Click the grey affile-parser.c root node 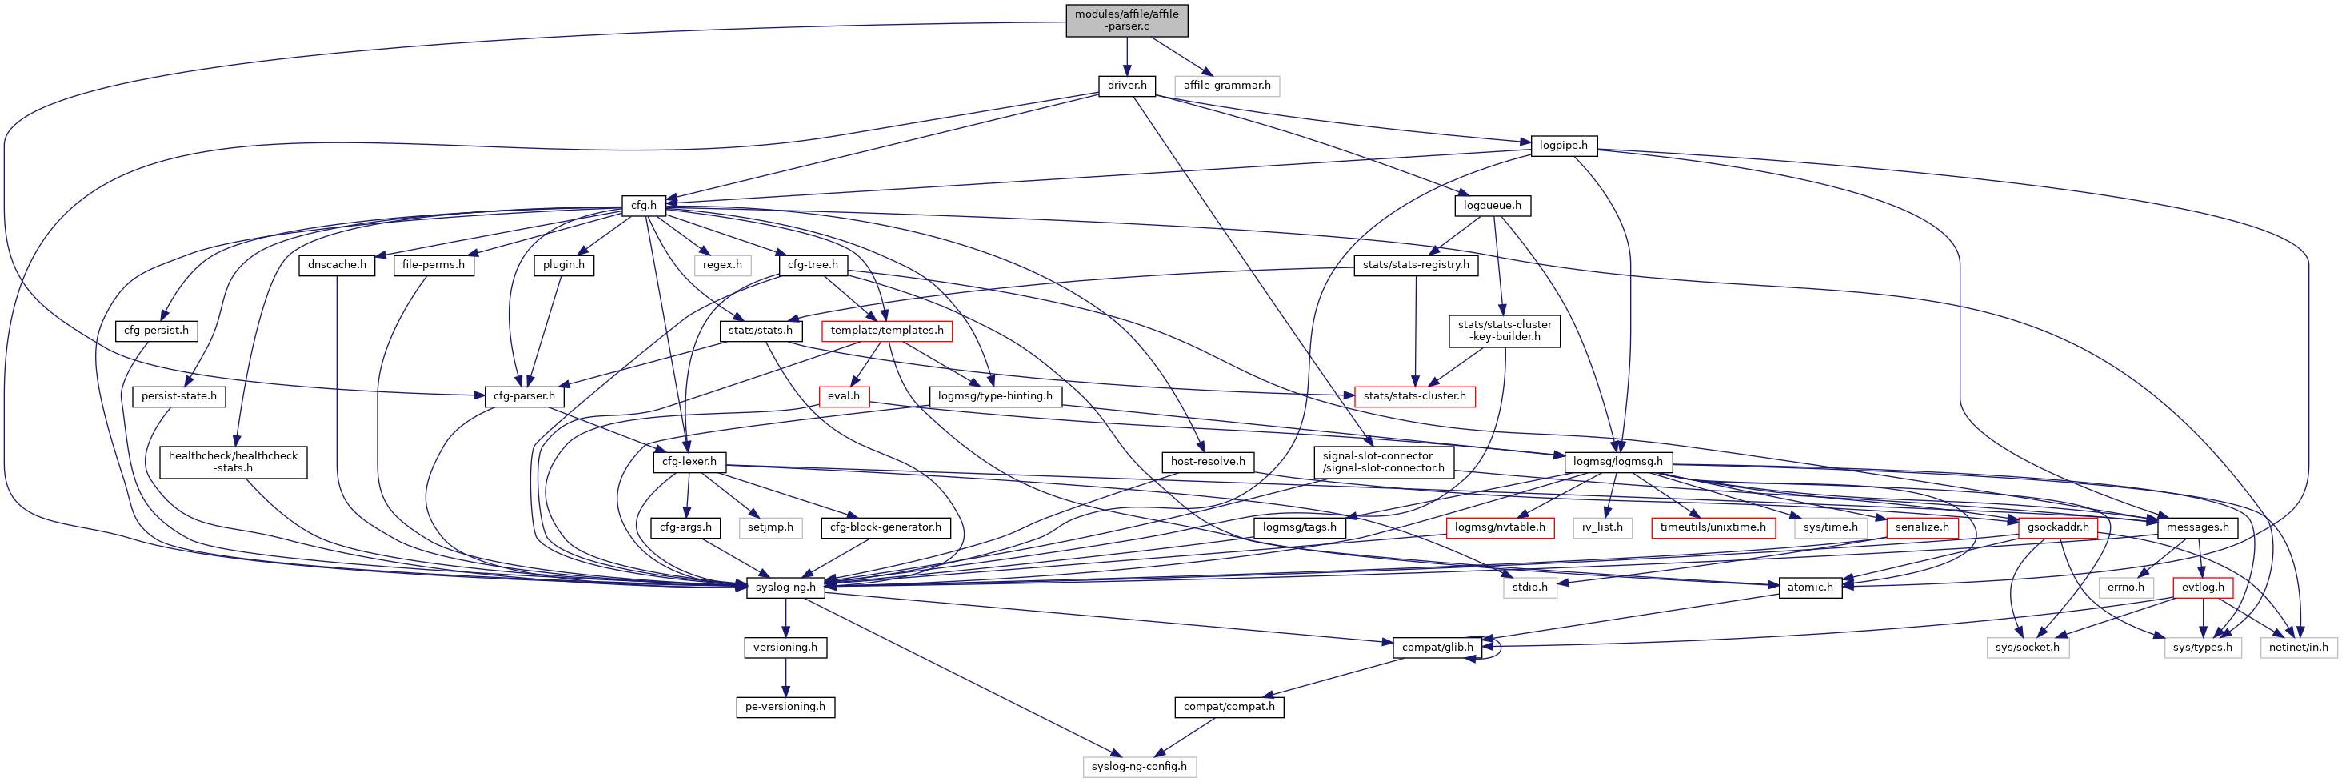(1126, 20)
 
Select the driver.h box (1126, 86)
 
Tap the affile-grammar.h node (1226, 86)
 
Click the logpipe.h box (1563, 146)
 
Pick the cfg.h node (644, 206)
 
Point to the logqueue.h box (1492, 206)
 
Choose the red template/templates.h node (886, 330)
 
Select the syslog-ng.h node (785, 588)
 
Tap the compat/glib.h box (1437, 648)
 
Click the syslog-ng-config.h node (1139, 767)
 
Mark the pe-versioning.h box (785, 707)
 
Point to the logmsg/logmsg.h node (1617, 462)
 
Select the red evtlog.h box (2202, 588)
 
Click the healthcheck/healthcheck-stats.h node (233, 462)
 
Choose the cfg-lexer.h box (688, 462)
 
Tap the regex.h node (721, 265)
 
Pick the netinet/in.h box (2298, 648)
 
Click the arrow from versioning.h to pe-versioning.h (785, 676)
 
